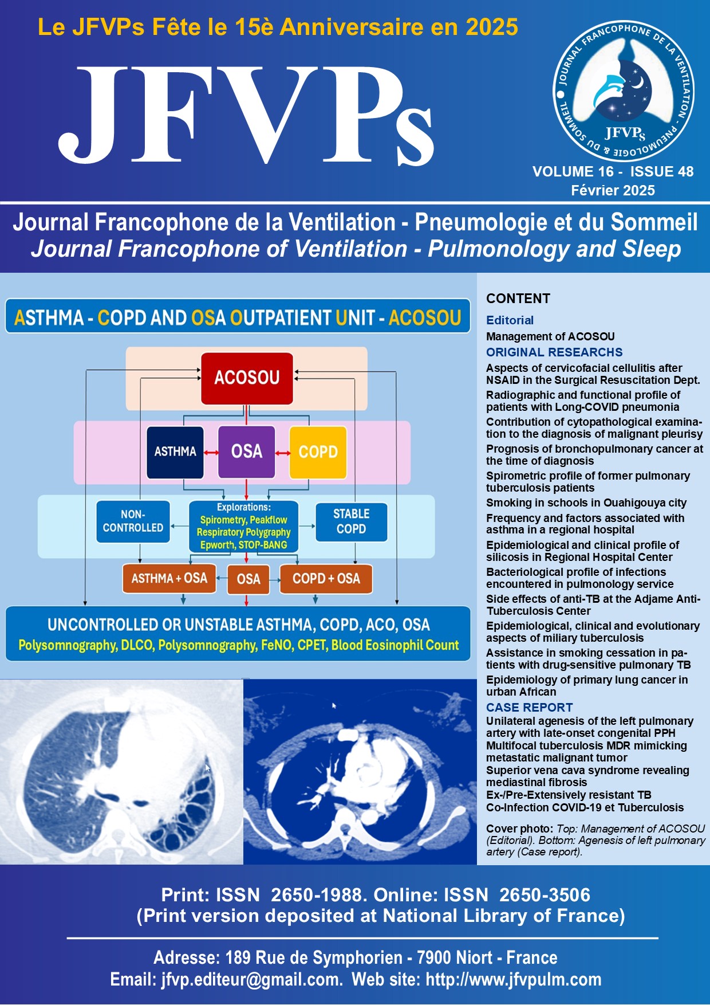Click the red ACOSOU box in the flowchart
pyautogui.click(x=247, y=378)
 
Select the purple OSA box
pyautogui.click(x=247, y=452)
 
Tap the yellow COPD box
pyautogui.click(x=318, y=452)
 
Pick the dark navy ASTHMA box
pyautogui.click(x=175, y=452)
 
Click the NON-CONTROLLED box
pyautogui.click(x=133, y=521)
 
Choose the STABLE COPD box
pyautogui.click(x=352, y=521)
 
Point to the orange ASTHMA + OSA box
pyautogui.click(x=169, y=579)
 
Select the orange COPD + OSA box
pyautogui.click(x=326, y=579)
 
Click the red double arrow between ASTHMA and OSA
pyautogui.click(x=211, y=453)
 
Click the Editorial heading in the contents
pyautogui.click(x=510, y=320)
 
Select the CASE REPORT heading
pyautogui.click(x=529, y=708)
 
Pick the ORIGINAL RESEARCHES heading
pyautogui.click(x=554, y=352)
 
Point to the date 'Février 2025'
pyautogui.click(x=613, y=190)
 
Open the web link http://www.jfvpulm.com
pyautogui.click(x=514, y=980)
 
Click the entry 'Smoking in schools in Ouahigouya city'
pyautogui.click(x=586, y=503)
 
